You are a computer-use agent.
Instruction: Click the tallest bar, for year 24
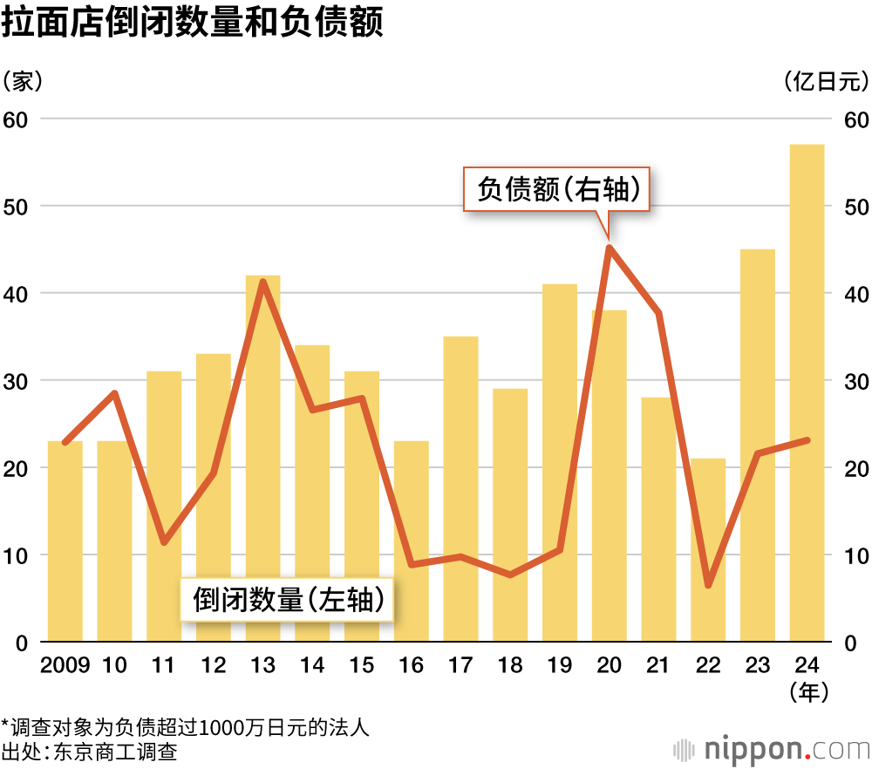[x=807, y=392]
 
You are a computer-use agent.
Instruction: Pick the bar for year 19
[x=560, y=463]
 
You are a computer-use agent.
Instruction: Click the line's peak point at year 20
[x=610, y=248]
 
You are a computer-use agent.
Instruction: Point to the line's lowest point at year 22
[x=708, y=584]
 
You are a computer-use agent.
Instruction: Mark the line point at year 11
[x=164, y=542]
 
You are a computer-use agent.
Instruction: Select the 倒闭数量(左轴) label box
[x=287, y=600]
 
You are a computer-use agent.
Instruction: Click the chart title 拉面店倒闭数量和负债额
[x=193, y=23]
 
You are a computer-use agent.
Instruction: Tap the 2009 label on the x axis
[x=65, y=666]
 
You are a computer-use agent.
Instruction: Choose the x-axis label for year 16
[x=411, y=666]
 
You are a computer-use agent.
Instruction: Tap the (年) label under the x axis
[x=807, y=692]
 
